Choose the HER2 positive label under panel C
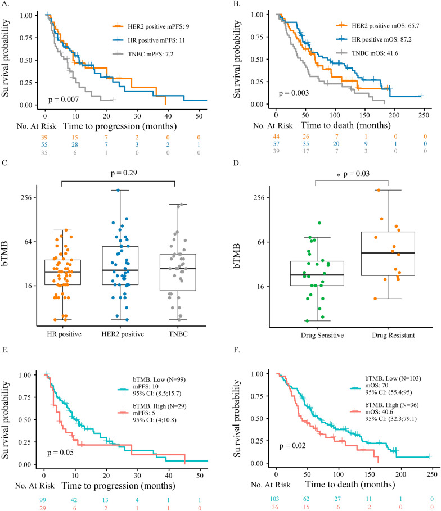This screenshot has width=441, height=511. pos(119,335)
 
